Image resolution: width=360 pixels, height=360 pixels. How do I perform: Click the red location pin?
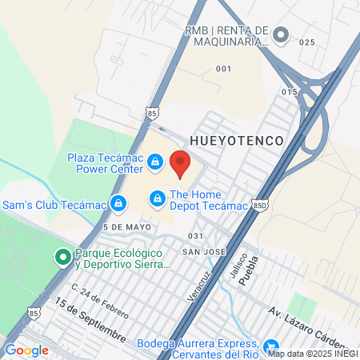point(180,163)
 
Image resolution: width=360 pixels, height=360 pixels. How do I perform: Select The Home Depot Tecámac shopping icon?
point(158,196)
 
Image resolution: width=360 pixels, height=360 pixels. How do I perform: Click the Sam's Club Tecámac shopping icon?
point(118,203)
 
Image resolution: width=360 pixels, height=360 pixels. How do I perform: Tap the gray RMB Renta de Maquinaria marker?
point(280,34)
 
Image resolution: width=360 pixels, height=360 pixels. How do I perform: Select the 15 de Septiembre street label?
point(90,323)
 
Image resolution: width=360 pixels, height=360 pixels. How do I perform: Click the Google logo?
point(26,350)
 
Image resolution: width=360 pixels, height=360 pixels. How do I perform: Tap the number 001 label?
point(223,69)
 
